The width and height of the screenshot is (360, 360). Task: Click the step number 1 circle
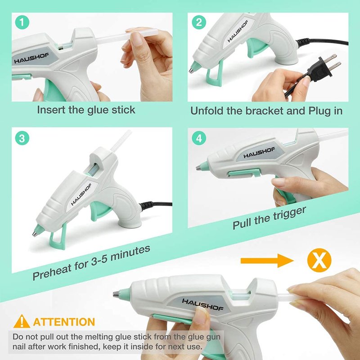(22, 22)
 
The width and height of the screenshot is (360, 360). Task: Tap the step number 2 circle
(199, 22)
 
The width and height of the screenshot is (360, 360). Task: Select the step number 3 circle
(22, 138)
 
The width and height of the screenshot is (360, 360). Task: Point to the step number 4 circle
(199, 138)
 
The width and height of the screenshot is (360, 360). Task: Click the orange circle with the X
(319, 260)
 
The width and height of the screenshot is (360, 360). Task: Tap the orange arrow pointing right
(267, 261)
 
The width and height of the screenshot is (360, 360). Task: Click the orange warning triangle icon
(22, 321)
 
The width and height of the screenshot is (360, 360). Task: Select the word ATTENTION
(64, 322)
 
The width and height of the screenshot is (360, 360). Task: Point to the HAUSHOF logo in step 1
(31, 58)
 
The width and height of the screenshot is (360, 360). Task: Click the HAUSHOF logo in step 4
(259, 153)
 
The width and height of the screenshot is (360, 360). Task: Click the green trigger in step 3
(99, 211)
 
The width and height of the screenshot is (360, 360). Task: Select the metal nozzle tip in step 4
(198, 168)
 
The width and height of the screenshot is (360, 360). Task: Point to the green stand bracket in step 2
(215, 74)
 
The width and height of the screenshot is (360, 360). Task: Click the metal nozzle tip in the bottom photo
(116, 294)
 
